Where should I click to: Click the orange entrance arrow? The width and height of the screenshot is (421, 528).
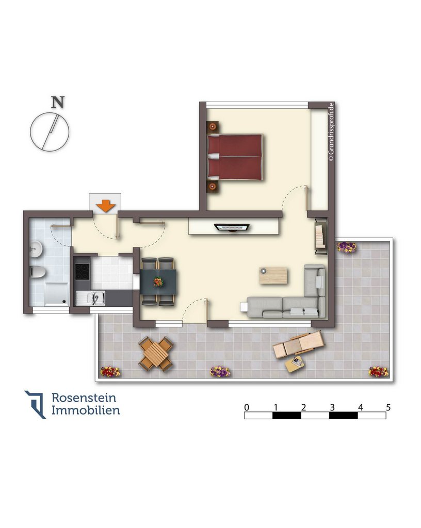tap(106, 206)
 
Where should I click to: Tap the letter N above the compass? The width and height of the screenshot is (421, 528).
tap(58, 103)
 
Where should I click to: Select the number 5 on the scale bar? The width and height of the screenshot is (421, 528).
tap(388, 407)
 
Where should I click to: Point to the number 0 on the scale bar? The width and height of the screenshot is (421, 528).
tap(247, 407)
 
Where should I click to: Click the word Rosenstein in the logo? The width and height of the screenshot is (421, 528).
tap(84, 398)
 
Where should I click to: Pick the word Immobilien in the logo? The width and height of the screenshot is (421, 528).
tap(86, 410)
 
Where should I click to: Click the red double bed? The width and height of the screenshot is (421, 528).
tap(235, 157)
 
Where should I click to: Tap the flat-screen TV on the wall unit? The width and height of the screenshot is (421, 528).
tap(232, 227)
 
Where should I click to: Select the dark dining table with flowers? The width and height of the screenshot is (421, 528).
tap(158, 282)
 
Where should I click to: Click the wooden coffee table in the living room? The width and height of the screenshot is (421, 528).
tap(273, 275)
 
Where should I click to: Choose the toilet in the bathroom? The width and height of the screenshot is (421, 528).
tap(37, 271)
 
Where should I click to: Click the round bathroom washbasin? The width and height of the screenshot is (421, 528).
tap(36, 249)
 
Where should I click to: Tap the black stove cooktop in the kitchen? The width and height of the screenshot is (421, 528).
tap(82, 271)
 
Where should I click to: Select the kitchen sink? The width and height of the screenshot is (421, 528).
tap(91, 299)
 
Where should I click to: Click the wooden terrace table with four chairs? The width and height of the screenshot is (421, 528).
tap(156, 354)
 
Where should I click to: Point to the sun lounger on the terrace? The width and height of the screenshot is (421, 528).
tap(298, 344)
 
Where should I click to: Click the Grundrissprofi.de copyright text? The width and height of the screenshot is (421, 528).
tap(331, 132)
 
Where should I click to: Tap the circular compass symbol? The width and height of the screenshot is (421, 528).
tap(50, 132)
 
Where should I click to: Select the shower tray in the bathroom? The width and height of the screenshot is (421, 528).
tap(57, 294)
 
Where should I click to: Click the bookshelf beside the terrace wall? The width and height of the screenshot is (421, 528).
tap(320, 236)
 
